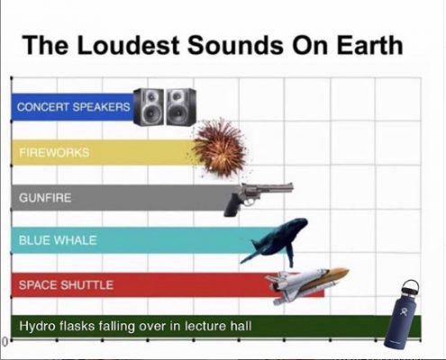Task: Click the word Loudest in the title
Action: pyautogui.click(x=128, y=45)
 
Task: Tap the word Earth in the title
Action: pyautogui.click(x=369, y=45)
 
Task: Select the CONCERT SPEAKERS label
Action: pyautogui.click(x=74, y=107)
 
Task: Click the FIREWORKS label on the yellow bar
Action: pyautogui.click(x=54, y=152)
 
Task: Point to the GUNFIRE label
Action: pyautogui.click(x=45, y=198)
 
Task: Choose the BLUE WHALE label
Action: pyautogui.click(x=58, y=240)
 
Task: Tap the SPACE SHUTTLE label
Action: pyautogui.click(x=66, y=284)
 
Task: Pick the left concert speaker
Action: pyautogui.click(x=149, y=107)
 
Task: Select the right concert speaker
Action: pyautogui.click(x=181, y=107)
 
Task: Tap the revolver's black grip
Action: pyautogui.click(x=232, y=205)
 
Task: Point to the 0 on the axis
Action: pyautogui.click(x=4, y=341)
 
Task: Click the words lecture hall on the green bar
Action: pyautogui.click(x=218, y=326)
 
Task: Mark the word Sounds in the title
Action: pyautogui.click(x=235, y=45)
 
